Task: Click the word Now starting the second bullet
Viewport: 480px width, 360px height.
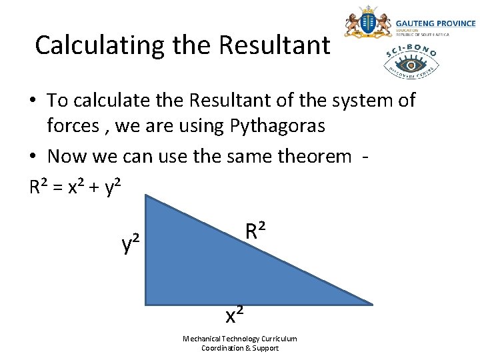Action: coord(66,157)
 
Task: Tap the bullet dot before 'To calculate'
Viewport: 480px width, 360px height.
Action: coord(33,101)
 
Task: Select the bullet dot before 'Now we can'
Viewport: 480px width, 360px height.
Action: coord(33,157)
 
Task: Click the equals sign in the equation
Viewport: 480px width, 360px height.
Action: coord(58,188)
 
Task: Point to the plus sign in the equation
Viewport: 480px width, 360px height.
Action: coord(95,188)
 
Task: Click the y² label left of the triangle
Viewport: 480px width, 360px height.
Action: coord(131,245)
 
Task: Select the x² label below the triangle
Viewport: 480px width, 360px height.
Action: coord(234,313)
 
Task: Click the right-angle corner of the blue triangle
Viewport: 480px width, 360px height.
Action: coord(147,303)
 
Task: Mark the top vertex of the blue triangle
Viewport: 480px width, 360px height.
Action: coord(147,196)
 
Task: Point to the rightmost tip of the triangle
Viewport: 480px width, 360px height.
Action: coord(371,304)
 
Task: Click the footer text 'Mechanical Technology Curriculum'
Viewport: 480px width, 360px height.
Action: coord(240,339)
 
